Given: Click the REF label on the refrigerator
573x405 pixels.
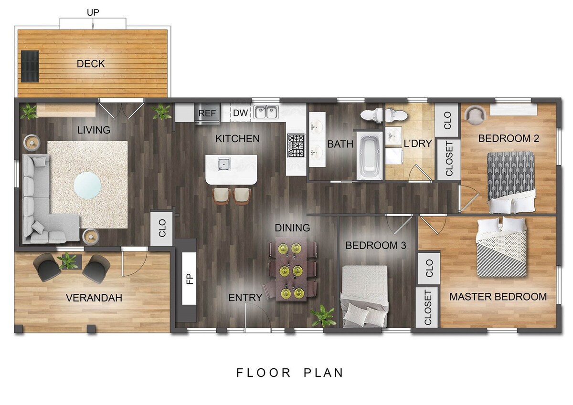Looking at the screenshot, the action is pos(207,113).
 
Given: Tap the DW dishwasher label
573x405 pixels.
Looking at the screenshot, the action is pos(241,113).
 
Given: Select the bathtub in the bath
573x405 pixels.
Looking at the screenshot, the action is pos(370,156).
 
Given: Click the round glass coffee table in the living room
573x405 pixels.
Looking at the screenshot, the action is pos(87,185).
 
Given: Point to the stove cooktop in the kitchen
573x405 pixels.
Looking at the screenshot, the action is pos(296,145).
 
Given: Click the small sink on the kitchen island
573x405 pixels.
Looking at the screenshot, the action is pos(224,164).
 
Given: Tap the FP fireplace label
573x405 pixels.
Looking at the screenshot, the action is pos(190,279).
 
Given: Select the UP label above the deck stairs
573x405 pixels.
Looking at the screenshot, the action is pos(93,12).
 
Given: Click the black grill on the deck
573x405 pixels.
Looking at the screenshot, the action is pos(30,66).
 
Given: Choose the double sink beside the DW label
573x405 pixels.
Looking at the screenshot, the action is pos(266,112).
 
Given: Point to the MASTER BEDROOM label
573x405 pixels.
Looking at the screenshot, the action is pos(498,297).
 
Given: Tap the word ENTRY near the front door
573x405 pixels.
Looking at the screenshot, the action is pos(245,297).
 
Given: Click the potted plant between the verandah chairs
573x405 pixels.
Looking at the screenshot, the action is pos(68,260).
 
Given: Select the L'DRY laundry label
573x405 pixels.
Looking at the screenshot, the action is pos(418,144).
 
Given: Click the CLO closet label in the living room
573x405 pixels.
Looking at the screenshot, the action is pos(162,228).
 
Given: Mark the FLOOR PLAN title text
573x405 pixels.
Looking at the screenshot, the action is pos(290,373).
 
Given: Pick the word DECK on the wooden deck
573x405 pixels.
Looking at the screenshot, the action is pos(91,63).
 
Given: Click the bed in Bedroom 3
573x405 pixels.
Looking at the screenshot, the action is pos(364,296).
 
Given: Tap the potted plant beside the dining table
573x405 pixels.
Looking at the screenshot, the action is pos(323,316).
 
